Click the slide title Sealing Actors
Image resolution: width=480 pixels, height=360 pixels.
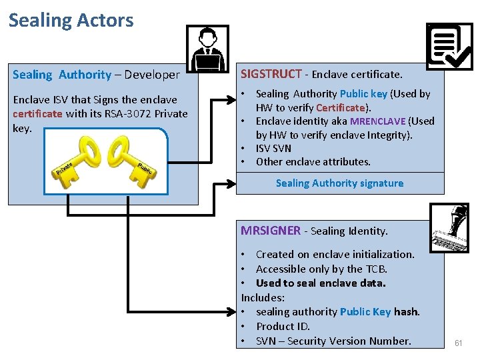point(71,20)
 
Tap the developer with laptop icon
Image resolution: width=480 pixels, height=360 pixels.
point(207,48)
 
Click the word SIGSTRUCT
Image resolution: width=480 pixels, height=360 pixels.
point(271,74)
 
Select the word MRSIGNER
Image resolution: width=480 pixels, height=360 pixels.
point(271,231)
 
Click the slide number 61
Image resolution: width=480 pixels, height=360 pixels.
point(458,343)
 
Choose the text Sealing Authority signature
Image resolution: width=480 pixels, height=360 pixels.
point(339,183)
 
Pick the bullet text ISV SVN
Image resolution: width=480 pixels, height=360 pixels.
point(273,148)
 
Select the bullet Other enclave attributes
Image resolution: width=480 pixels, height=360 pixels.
point(313,161)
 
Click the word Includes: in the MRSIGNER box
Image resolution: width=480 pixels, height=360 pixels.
point(263,297)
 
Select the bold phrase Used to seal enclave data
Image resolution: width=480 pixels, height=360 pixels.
point(321,283)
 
